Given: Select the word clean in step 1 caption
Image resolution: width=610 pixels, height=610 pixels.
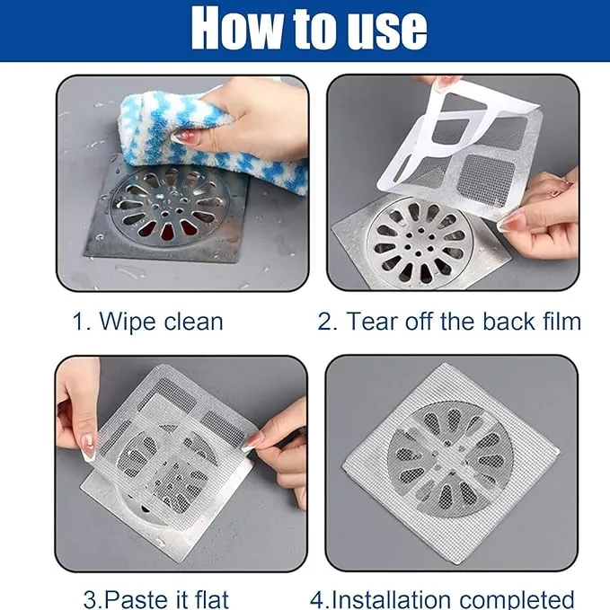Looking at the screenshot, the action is (194, 322).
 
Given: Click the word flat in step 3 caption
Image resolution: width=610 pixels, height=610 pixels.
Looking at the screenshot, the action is (212, 599).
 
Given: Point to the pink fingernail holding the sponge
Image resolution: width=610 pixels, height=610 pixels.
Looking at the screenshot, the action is (181, 137).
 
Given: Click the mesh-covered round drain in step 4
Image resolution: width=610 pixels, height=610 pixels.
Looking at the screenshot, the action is (450, 460).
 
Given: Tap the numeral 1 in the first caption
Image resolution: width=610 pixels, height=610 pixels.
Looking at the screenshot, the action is (78, 322).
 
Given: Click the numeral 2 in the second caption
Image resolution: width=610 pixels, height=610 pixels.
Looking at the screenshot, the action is (324, 322).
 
